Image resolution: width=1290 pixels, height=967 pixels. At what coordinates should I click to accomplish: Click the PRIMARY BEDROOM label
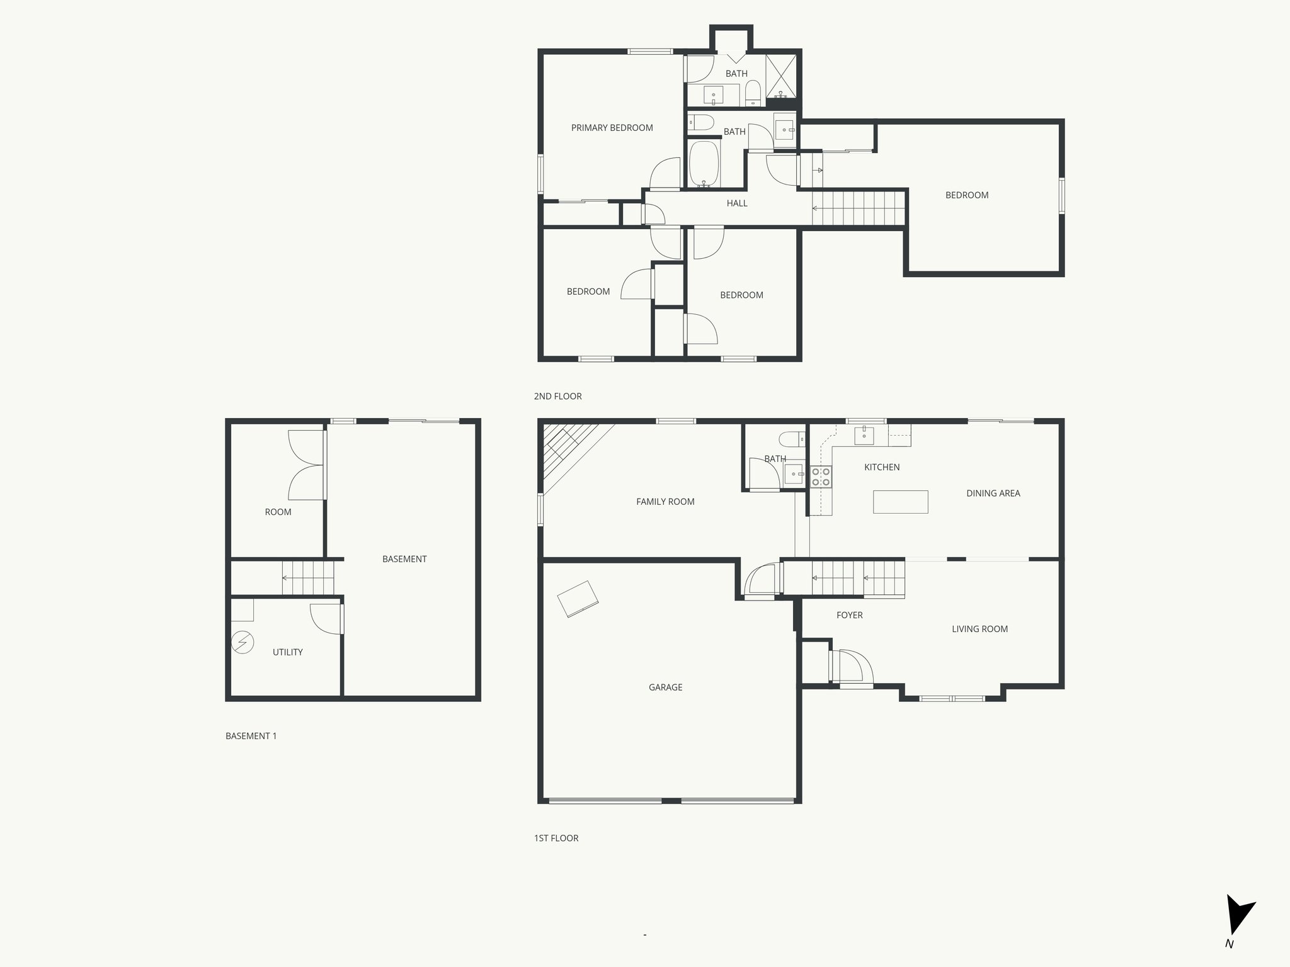[612, 128]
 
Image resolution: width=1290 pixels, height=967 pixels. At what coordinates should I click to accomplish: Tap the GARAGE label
[665, 687]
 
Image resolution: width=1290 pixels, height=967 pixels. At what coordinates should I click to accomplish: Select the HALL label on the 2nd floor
[736, 203]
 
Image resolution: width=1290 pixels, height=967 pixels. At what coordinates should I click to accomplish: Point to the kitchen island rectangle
[900, 502]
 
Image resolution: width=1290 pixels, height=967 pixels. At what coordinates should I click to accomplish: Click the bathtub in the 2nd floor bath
[704, 164]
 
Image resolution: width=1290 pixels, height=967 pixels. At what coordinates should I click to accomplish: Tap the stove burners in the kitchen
[821, 477]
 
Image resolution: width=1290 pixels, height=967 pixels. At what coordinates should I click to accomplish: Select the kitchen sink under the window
[864, 434]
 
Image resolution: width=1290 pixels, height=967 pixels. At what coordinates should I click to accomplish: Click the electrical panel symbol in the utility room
[243, 643]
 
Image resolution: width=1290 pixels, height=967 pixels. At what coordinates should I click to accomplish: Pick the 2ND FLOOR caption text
[557, 397]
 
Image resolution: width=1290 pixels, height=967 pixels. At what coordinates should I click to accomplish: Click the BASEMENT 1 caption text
[251, 736]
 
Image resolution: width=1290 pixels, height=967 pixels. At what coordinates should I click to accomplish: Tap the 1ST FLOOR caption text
[556, 838]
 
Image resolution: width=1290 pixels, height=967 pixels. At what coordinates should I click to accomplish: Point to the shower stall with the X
[781, 77]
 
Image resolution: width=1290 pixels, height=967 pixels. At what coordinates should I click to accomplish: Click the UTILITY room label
[287, 652]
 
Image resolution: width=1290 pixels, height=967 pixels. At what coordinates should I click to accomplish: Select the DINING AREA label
[993, 494]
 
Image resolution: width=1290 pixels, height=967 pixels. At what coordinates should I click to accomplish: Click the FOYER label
[849, 615]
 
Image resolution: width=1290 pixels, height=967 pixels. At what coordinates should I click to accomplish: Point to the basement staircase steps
[308, 577]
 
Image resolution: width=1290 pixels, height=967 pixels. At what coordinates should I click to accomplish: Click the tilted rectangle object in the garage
[578, 599]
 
